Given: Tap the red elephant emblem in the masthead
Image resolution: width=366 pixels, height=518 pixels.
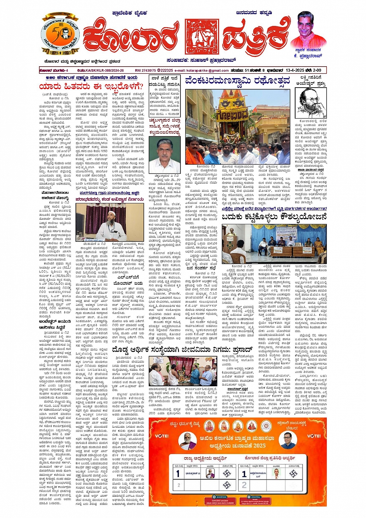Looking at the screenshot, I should click(201, 36).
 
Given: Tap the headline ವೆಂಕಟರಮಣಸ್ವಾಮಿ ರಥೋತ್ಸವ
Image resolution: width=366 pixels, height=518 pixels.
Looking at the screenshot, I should click(237, 81).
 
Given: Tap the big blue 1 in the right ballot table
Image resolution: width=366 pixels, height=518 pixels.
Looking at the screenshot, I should click(244, 473).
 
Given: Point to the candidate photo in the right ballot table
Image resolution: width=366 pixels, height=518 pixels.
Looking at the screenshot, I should click(277, 473).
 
